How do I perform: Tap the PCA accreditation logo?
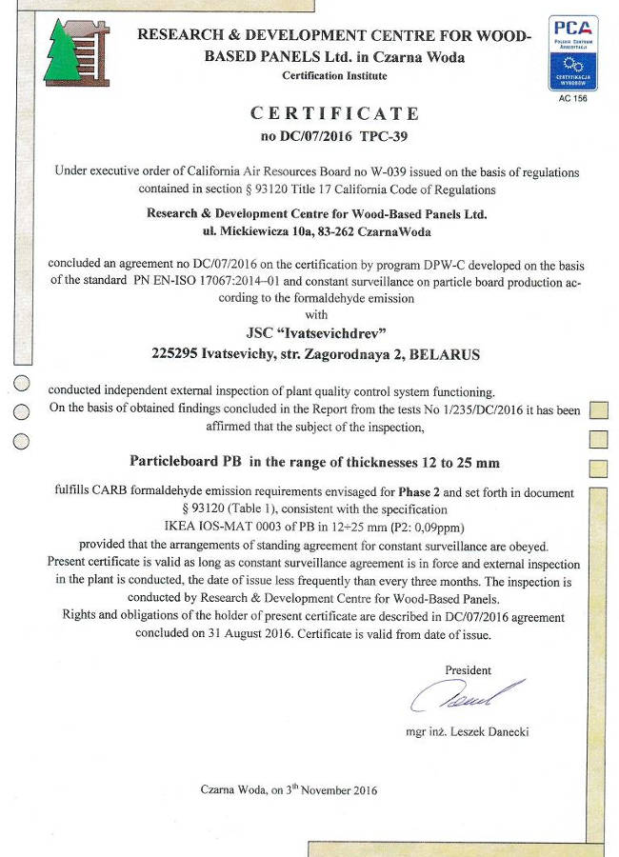click(574, 51)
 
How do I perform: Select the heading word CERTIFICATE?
click(334, 113)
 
